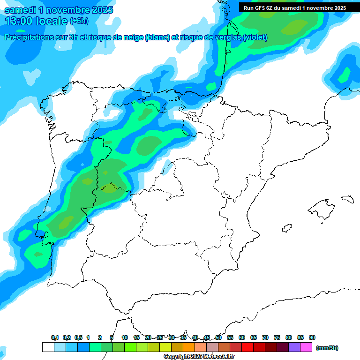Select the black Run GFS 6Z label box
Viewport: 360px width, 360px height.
[294, 7]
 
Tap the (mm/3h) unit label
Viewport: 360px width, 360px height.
[327, 347]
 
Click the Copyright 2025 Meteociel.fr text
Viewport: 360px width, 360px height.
[199, 357]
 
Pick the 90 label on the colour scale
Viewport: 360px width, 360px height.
[312, 337]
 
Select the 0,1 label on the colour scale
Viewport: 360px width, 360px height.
[55, 337]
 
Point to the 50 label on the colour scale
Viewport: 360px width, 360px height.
[218, 337]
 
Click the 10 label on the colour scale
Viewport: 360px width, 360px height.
[125, 337]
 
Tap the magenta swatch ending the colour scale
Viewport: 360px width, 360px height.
[306, 347]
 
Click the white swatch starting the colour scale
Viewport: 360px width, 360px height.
[48, 347]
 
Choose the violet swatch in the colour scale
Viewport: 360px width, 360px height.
[294, 347]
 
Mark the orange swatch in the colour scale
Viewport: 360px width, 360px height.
[188, 347]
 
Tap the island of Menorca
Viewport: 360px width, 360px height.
[347, 199]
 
